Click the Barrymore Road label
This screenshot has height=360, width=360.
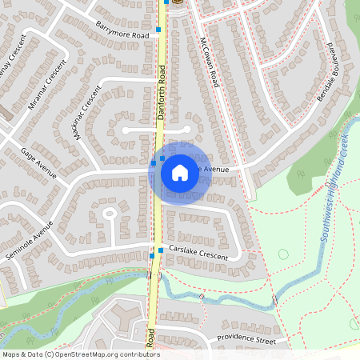pyautogui.click(x=122, y=30)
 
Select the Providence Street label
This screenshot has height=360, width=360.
pyautogui.click(x=246, y=340)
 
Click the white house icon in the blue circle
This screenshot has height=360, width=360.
pyautogui.click(x=180, y=172)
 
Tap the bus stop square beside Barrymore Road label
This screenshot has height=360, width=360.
pyautogui.click(x=158, y=29)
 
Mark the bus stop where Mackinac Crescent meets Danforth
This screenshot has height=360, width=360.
pyautogui.click(x=154, y=162)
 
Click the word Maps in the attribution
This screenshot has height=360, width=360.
pyautogui.click(x=12, y=354)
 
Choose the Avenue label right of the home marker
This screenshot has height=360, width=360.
pyautogui.click(x=214, y=170)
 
